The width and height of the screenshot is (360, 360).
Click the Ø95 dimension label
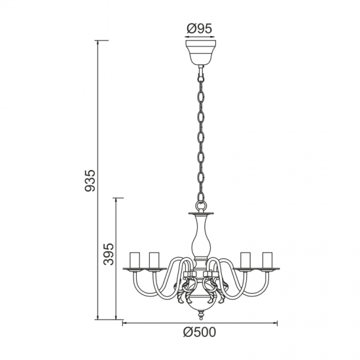[x=199, y=29]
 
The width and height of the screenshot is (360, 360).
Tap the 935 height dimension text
[x=90, y=181]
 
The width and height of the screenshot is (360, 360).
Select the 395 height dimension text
[x=109, y=254]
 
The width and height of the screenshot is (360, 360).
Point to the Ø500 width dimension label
[x=200, y=333]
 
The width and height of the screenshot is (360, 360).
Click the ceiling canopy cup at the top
[x=201, y=52]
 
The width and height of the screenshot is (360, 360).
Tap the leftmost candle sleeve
[x=135, y=260]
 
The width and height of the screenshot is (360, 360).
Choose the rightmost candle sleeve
[x=267, y=260]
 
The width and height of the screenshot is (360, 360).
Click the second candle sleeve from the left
[x=154, y=260]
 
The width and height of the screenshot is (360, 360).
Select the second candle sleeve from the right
[x=245, y=260]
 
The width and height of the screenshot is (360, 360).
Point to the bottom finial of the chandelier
[x=201, y=315]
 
